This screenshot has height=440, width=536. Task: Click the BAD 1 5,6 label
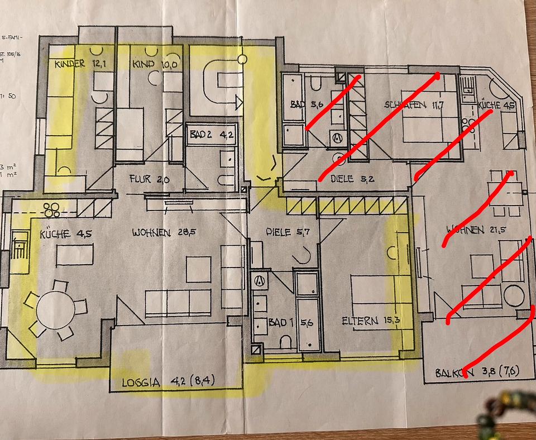pos(289,322)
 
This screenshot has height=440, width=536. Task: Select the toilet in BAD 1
pos(286,341)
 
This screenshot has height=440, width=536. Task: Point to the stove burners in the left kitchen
pos(53,209)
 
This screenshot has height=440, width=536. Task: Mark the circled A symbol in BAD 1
pos(259,281)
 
